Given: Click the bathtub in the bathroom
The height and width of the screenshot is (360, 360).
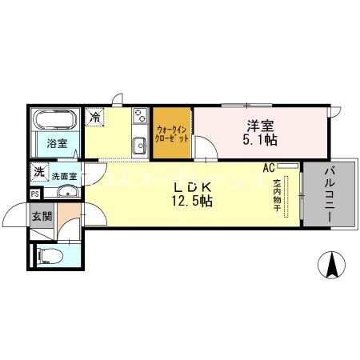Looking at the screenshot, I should (55, 122).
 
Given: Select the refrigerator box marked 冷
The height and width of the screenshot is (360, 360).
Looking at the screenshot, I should (96, 117).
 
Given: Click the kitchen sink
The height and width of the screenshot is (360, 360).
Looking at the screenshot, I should (138, 145).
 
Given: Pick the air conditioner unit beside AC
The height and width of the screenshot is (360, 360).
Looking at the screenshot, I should (289, 166).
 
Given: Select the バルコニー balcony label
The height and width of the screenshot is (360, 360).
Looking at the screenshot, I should (330, 196).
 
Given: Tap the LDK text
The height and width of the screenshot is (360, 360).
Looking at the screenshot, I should (193, 187).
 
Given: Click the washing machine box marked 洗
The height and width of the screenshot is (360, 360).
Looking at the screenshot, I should (38, 172).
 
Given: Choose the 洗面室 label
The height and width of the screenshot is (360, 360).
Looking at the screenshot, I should (64, 176).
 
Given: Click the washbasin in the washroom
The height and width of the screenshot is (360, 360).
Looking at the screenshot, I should (66, 191).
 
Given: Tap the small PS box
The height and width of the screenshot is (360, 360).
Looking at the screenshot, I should (34, 194).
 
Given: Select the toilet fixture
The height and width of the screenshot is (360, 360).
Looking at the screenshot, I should (50, 257).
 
